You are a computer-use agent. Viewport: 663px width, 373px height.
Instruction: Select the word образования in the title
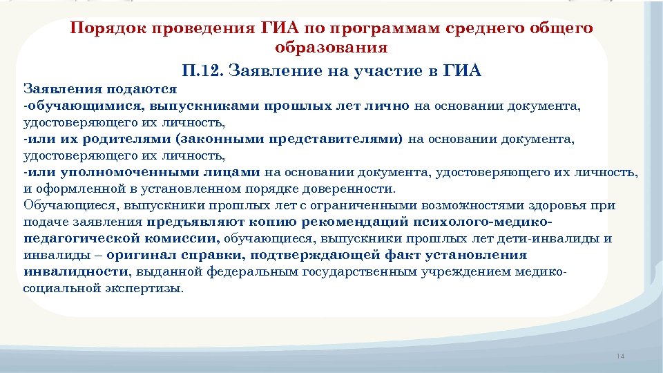(x=331, y=48)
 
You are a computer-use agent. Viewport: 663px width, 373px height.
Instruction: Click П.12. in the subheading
(x=202, y=70)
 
